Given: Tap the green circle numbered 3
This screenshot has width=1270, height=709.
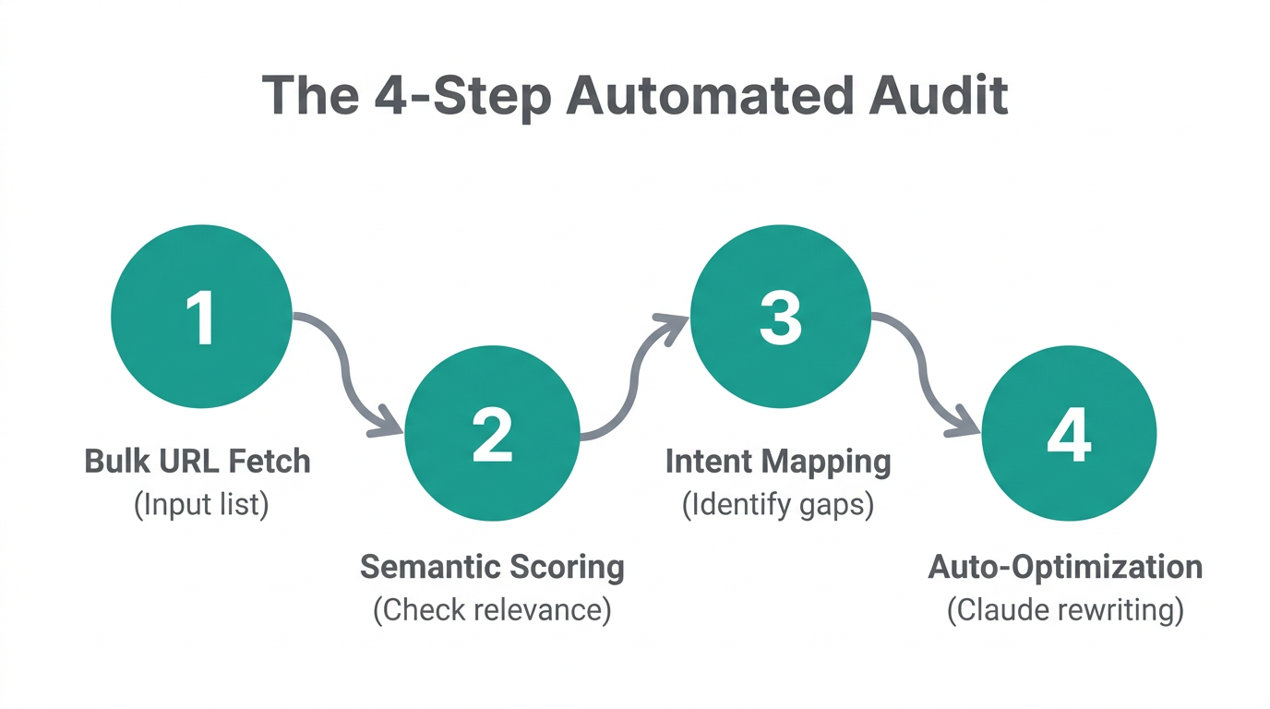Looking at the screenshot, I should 781,318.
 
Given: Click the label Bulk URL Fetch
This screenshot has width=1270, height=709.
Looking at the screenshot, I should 198,461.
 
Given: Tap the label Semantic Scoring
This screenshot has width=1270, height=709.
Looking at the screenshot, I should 492,567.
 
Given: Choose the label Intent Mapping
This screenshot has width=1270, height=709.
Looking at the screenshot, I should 778,462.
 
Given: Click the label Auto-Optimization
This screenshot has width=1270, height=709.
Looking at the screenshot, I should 1065,567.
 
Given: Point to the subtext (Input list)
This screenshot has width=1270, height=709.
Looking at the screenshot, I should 201,505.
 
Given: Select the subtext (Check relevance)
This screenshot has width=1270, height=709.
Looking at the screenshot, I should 492,611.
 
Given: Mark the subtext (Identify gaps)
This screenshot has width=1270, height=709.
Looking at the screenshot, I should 778,505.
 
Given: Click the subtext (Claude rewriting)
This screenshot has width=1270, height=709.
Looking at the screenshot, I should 1065,611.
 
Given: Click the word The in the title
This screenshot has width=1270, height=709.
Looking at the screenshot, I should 309,95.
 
